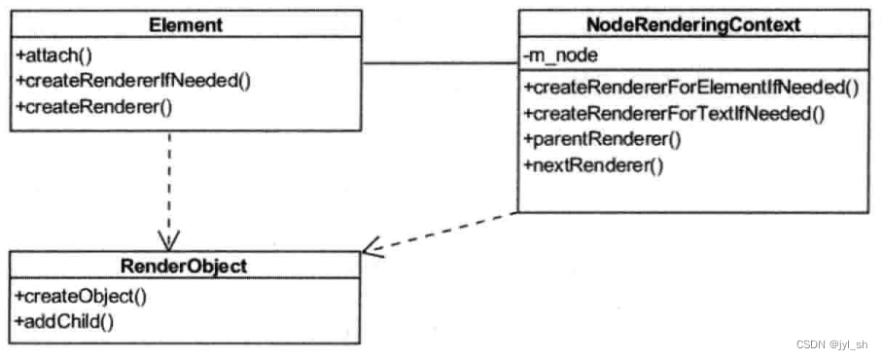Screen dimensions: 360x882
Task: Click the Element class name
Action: [x=187, y=25]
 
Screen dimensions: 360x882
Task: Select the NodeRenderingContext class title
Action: [x=693, y=25]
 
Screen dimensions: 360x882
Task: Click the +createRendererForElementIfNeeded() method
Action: [x=691, y=89]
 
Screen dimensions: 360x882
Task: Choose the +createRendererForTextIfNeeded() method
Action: [x=674, y=114]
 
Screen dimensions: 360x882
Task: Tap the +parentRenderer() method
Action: [x=602, y=139]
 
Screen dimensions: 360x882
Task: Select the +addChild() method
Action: [x=64, y=318]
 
